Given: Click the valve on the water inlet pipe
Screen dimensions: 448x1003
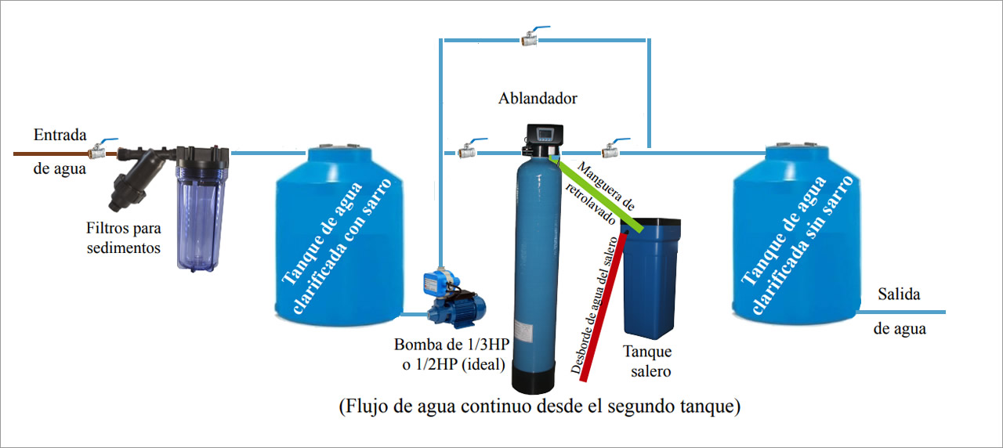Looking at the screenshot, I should [100, 151].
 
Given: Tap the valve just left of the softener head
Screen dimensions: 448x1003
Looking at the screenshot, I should [469, 149].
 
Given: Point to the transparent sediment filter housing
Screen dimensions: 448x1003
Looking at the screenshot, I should [202, 208].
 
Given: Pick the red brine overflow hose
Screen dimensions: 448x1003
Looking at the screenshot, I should [603, 305].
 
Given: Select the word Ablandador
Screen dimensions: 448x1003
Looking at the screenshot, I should [538, 99].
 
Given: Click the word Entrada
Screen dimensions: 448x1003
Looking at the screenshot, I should [60, 135].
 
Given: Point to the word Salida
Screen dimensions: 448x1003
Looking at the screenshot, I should [899, 294].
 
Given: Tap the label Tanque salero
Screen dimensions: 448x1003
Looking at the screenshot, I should [647, 360].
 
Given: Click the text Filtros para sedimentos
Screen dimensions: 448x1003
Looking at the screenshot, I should [124, 238].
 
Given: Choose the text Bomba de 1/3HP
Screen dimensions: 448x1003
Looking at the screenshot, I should [450, 345].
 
